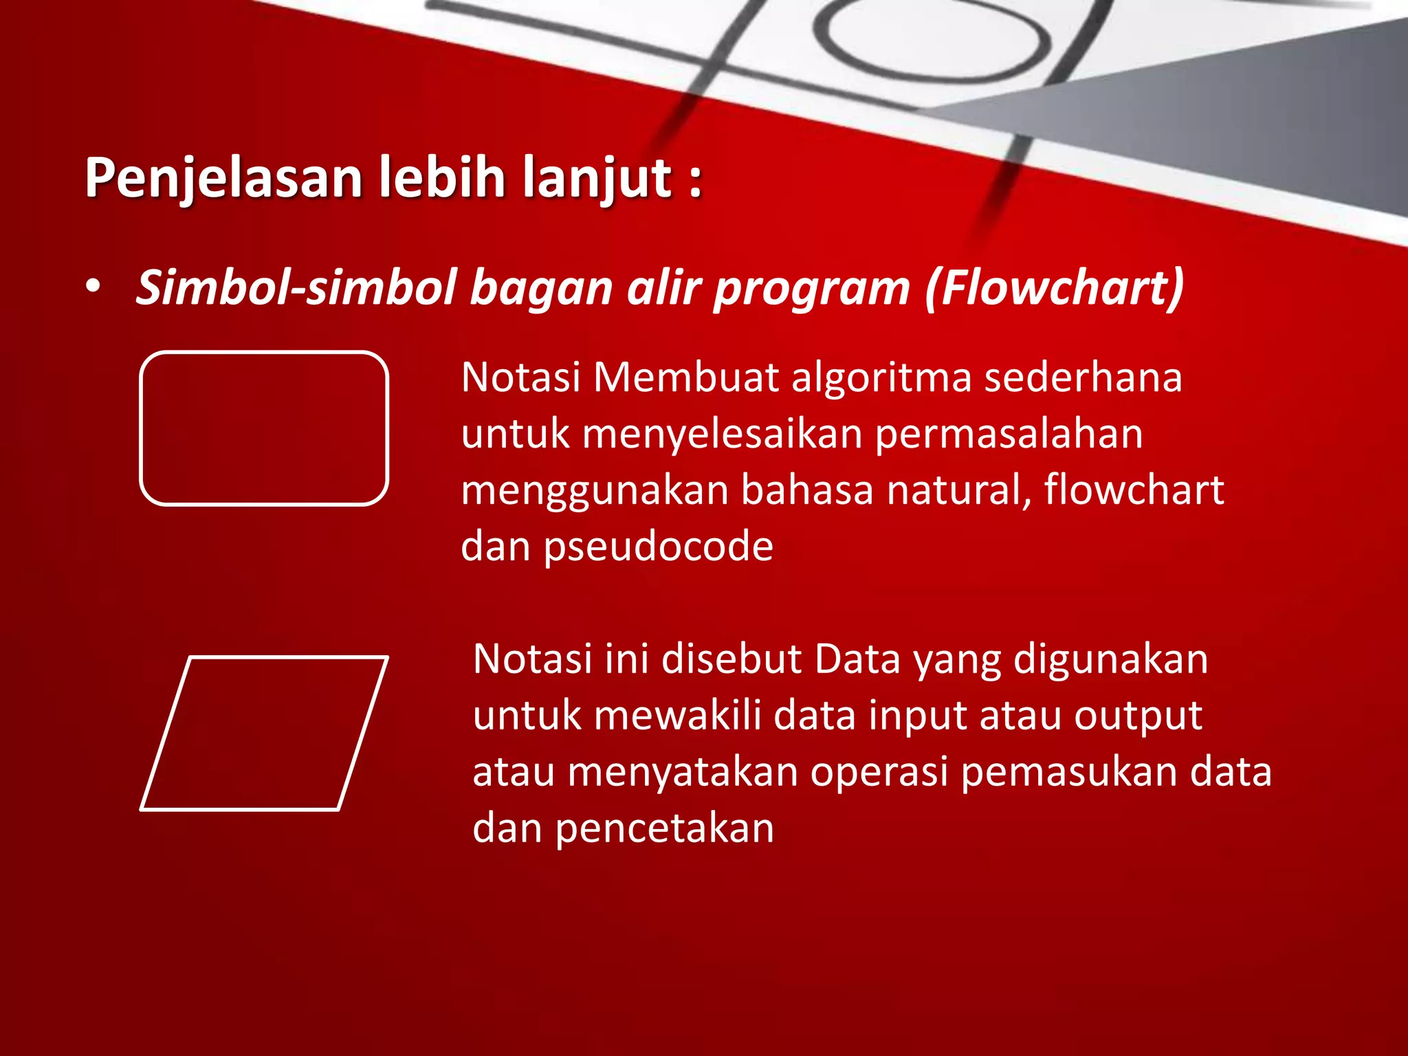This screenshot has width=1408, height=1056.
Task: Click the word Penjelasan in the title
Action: pos(223,179)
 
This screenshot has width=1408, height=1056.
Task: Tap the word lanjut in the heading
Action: pos(597,179)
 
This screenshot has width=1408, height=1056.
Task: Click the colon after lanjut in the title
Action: pos(695,180)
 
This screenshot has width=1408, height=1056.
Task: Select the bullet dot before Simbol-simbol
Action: pos(93,287)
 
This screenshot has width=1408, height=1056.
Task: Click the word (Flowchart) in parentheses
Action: pos(1054,287)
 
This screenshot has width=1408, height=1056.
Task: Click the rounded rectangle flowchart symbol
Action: pos(264,428)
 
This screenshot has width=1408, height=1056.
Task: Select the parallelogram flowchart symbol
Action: pos(264,734)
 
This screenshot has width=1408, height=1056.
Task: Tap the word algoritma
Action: pos(881,378)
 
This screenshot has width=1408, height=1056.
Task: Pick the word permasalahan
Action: pos(1009,434)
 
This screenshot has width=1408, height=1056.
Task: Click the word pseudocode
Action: pos(658,547)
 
